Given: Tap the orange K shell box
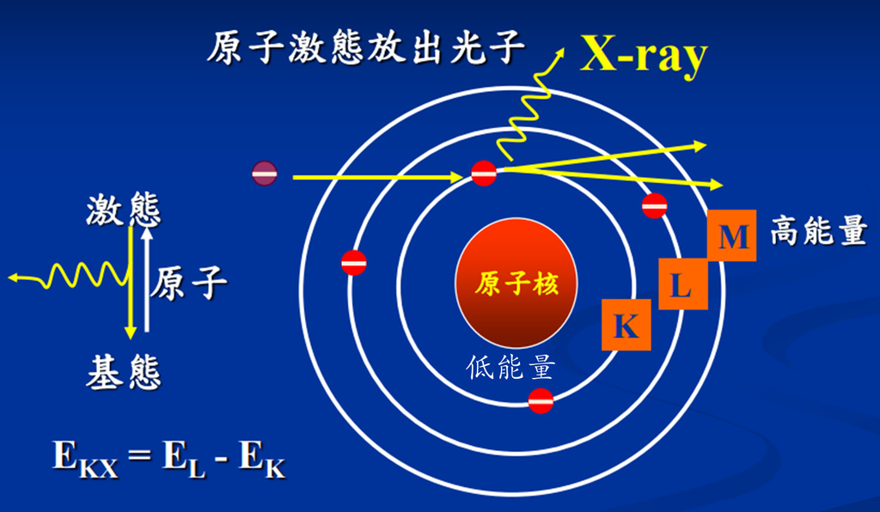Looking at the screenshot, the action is click(626, 325).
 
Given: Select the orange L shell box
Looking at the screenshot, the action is click(682, 283).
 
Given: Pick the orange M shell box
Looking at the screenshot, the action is click(732, 235).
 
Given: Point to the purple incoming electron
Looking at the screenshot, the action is click(265, 174).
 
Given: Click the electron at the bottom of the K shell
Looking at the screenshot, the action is click(541, 400).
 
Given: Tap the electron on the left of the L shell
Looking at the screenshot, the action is click(354, 263).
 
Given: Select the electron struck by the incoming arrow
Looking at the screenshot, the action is click(484, 174).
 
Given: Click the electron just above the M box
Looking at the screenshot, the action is click(654, 206).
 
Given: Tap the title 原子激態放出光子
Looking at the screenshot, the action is click(366, 46).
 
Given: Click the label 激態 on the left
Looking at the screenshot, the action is click(124, 210).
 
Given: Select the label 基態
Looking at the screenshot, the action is click(124, 373).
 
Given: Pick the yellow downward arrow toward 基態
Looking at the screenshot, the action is click(131, 283).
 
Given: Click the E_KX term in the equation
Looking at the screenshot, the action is click(86, 458).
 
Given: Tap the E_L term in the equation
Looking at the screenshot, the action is click(184, 458).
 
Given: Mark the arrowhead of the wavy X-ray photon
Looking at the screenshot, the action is click(560, 52).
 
